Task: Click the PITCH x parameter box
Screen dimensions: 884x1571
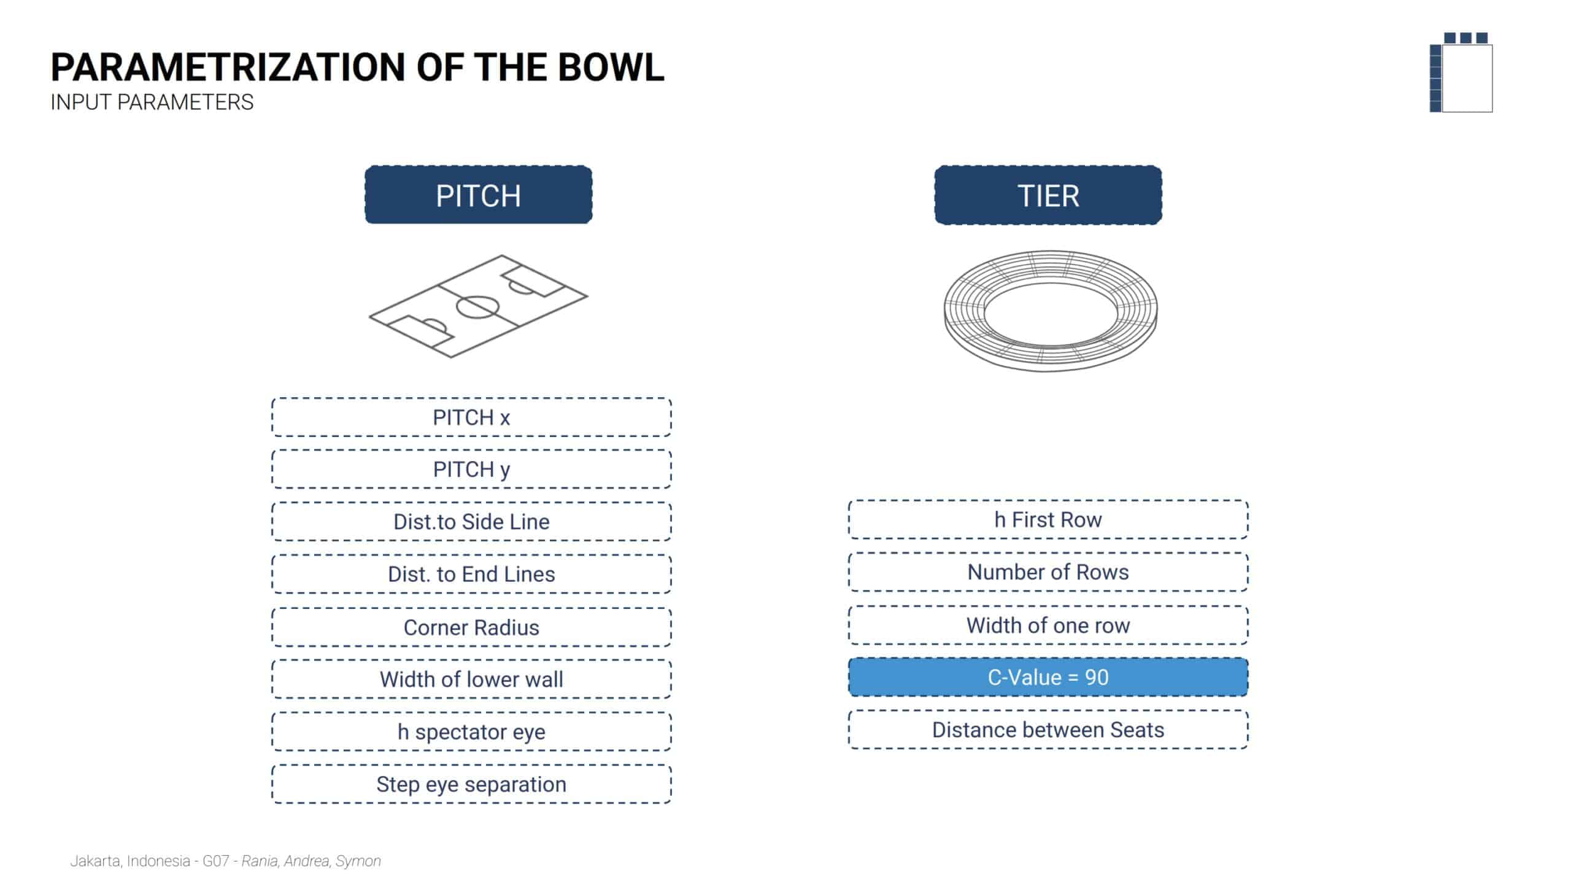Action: coord(471,417)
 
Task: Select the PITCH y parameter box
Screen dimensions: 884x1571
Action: coord(471,470)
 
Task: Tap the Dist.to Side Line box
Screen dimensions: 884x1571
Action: coord(471,522)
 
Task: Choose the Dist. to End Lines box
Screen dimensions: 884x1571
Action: coord(471,574)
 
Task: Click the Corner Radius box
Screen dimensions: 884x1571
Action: coord(471,627)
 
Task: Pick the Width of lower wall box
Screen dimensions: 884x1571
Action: coord(471,680)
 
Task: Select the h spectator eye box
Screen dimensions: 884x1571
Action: coord(471,732)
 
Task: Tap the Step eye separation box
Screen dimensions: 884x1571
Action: coord(471,785)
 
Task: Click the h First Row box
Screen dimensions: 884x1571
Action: coord(1048,520)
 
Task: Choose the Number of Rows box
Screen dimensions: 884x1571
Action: coord(1048,572)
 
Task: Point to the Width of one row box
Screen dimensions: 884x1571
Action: coord(1048,626)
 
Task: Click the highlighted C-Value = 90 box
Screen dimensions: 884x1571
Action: coord(1048,677)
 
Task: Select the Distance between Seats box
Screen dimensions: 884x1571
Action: coord(1048,730)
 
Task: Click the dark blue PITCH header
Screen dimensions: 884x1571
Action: coord(478,195)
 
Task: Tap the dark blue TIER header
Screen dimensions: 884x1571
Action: coord(1048,195)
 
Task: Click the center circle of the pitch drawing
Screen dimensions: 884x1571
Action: coord(478,307)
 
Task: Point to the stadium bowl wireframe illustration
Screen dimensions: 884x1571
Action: coord(1050,310)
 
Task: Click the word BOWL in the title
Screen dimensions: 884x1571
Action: coord(611,68)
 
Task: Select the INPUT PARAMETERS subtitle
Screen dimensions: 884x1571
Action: coord(152,103)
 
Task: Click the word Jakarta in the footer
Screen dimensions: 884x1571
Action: coord(95,861)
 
